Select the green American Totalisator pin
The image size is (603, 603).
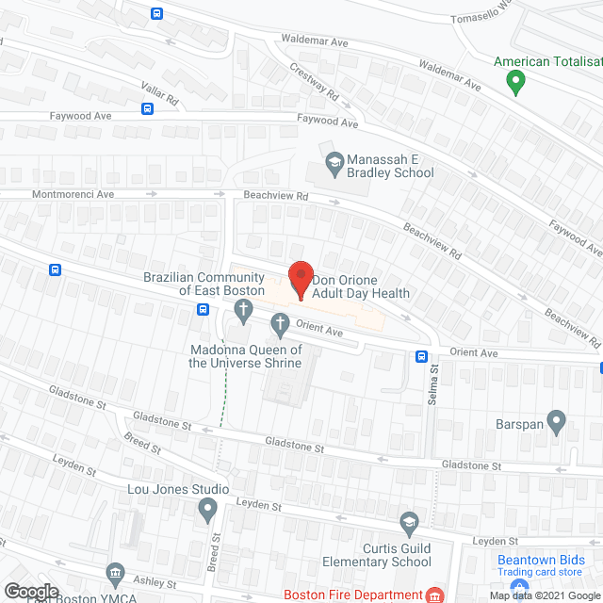click(x=515, y=82)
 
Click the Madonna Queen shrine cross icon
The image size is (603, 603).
click(x=280, y=325)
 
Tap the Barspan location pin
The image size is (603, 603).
click(x=556, y=423)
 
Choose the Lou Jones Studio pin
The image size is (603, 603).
click(x=208, y=511)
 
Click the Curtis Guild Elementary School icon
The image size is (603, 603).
click(x=409, y=522)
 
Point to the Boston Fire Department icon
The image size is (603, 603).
click(x=434, y=595)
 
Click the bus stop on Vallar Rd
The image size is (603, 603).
click(x=148, y=108)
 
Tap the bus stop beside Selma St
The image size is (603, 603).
click(x=421, y=357)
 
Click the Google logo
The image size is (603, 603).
click(x=31, y=592)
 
